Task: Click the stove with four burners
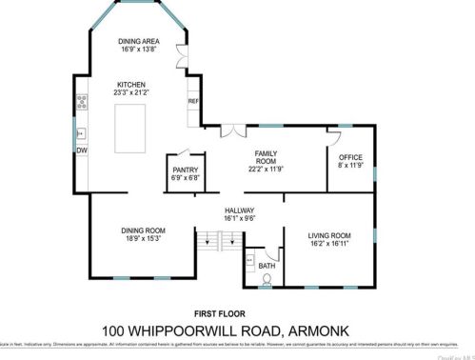point(82,98)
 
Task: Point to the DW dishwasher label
point(82,150)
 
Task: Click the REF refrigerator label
point(192,101)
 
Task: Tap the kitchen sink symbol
point(82,133)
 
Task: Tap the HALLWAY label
point(238,210)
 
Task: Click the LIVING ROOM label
point(329,234)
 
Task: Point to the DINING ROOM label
point(143,230)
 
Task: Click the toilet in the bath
point(267,280)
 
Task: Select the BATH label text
point(267,266)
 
